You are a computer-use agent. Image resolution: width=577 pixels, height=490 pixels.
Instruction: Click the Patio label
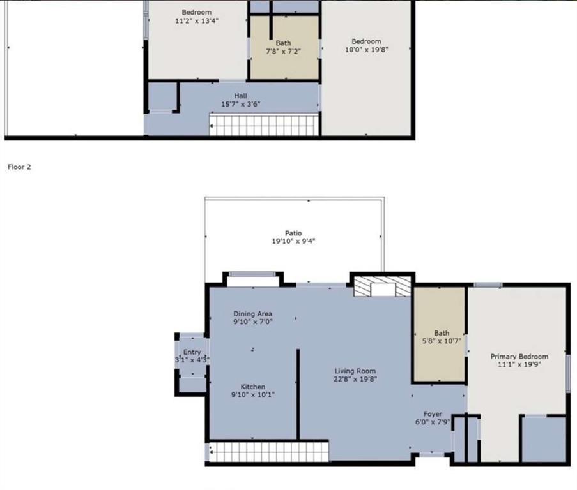tap(293, 234)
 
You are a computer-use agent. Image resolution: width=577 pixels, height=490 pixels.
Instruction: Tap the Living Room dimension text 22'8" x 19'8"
tap(355, 378)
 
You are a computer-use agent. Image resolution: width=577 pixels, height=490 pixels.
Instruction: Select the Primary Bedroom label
tap(519, 357)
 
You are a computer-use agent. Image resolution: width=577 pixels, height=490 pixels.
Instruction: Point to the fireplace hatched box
tap(382, 288)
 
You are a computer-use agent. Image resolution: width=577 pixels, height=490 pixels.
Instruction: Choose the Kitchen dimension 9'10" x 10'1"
tap(252, 395)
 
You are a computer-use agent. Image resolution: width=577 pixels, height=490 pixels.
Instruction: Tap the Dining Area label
tap(252, 314)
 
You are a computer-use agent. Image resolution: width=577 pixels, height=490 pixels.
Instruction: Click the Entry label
tap(192, 352)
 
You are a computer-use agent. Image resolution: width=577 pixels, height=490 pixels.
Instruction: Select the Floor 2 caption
tap(19, 167)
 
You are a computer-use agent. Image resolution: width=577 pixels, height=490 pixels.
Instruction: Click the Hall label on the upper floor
tap(240, 96)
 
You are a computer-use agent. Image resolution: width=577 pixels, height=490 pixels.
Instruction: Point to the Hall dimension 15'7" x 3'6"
tap(240, 104)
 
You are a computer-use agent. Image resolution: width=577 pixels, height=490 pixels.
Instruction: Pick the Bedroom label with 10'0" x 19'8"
tap(366, 42)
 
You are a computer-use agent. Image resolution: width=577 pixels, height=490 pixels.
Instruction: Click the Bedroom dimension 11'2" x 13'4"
tap(196, 20)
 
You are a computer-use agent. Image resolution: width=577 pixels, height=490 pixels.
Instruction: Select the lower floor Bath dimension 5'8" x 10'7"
tap(441, 341)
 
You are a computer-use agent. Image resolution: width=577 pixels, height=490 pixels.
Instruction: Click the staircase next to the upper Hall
tap(265, 126)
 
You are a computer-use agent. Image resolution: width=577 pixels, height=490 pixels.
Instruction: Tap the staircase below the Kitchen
tap(268, 452)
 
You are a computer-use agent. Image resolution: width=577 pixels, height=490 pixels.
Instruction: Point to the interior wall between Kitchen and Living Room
tap(298, 393)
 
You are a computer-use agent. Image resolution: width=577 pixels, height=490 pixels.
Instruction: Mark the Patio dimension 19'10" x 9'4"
tap(293, 242)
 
